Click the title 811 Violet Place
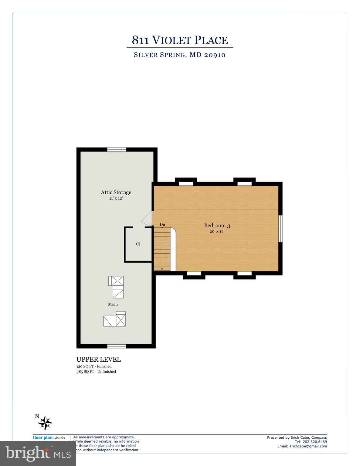tap(180, 40)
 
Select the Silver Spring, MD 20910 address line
tap(180, 55)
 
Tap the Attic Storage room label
tap(116, 192)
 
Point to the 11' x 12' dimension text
tap(116, 198)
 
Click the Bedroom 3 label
tap(217, 225)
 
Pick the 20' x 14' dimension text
tap(217, 231)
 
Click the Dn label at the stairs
tap(162, 225)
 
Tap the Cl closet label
tap(138, 244)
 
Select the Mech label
tap(113, 304)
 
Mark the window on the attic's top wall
tap(117, 149)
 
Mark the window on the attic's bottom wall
tap(117, 346)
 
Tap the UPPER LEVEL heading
tap(98, 360)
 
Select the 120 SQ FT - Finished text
tap(94, 366)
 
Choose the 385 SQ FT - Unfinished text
tap(96, 372)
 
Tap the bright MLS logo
tap(38, 453)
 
